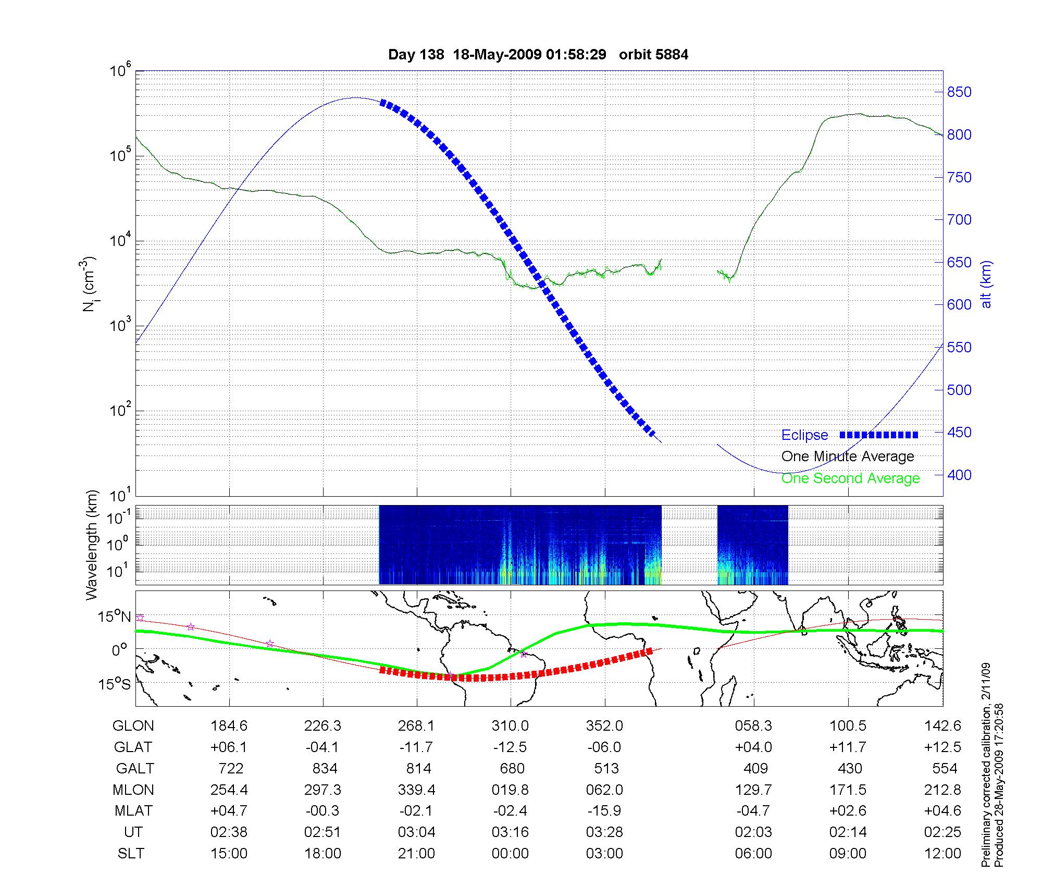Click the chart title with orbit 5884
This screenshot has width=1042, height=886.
click(538, 55)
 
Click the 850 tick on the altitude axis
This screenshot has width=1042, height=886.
click(959, 92)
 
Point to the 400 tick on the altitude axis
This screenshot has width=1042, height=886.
click(959, 475)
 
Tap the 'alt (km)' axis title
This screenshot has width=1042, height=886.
click(986, 284)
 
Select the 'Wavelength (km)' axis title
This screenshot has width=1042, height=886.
click(92, 545)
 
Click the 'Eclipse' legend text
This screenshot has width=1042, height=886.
click(804, 435)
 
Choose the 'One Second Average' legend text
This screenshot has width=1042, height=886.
click(850, 478)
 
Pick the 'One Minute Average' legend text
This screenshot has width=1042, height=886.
click(848, 457)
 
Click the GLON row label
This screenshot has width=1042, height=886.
click(133, 726)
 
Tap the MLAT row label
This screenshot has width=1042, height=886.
click(133, 811)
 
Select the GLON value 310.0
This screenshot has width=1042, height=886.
click(510, 726)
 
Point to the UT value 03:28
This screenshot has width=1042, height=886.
click(604, 832)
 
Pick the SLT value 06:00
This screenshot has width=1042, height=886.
click(753, 854)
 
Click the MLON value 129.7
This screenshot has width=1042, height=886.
click(753, 790)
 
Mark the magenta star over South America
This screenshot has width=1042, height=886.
click(524, 654)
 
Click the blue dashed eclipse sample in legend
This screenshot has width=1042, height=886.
click(878, 435)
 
